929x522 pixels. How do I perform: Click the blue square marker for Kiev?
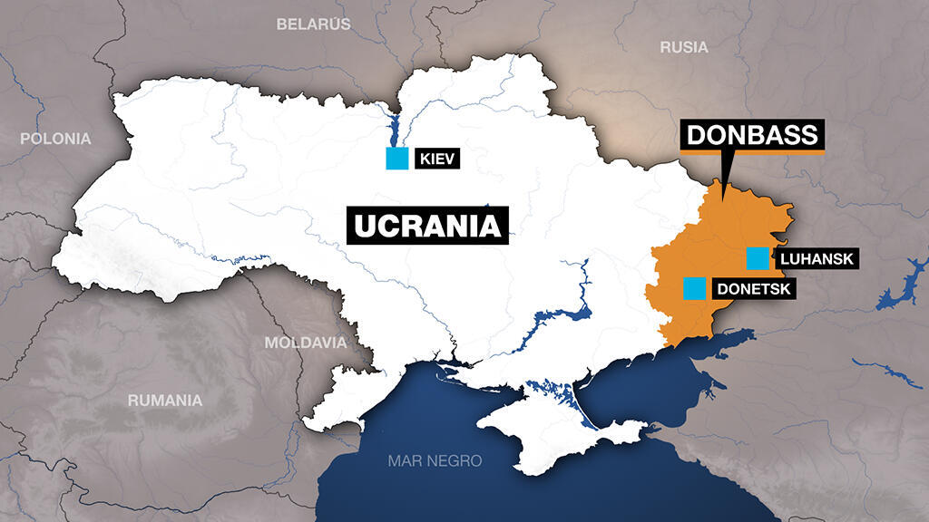point(396,159)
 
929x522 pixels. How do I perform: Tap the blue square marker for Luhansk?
point(757,258)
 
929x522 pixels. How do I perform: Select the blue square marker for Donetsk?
point(694,288)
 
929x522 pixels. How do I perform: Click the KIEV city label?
point(436,160)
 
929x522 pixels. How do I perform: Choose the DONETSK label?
point(753,290)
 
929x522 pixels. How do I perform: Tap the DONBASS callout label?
point(752,135)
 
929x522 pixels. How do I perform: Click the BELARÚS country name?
point(313,24)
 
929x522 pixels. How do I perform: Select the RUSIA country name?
point(683,47)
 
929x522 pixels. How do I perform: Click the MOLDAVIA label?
point(306,343)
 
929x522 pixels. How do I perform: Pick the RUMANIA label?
point(165,400)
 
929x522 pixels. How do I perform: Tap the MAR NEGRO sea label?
point(435,460)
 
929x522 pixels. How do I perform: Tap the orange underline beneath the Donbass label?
point(752,153)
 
